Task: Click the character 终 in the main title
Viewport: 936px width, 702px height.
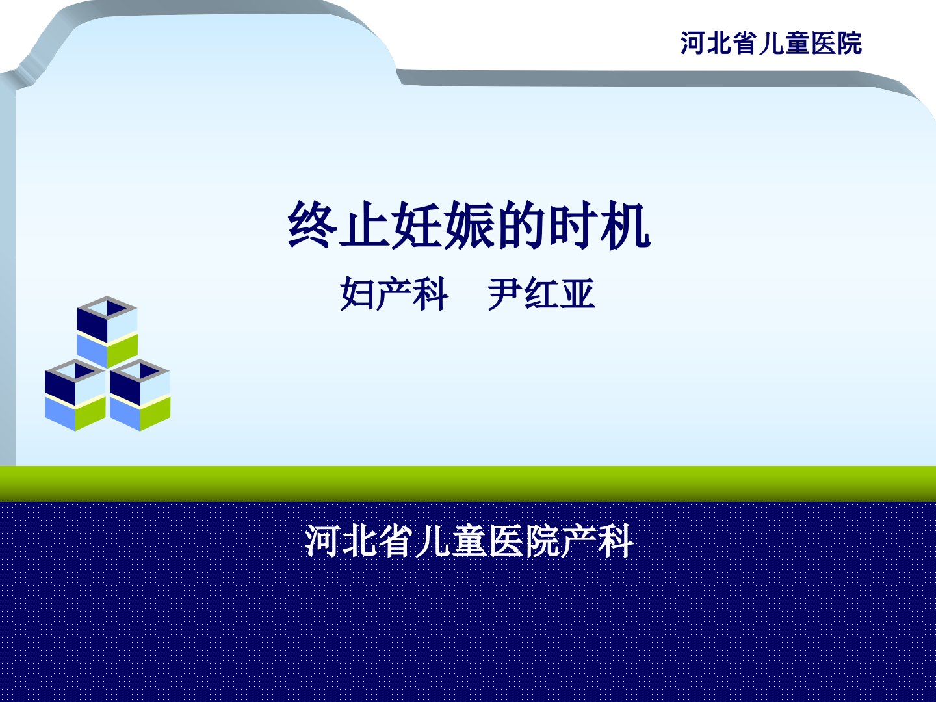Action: [313, 225]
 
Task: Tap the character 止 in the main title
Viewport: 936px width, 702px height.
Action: [365, 225]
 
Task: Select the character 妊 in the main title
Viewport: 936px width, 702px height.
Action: [417, 225]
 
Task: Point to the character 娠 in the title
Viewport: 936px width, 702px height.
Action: [469, 225]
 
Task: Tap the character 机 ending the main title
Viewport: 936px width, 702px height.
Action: [625, 225]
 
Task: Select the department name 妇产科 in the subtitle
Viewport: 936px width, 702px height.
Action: [395, 294]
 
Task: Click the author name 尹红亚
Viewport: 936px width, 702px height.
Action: [541, 294]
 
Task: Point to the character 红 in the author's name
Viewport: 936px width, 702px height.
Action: [541, 294]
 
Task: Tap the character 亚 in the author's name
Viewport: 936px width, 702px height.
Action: [577, 294]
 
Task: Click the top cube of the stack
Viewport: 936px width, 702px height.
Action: [107, 332]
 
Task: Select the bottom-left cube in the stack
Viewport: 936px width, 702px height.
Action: [75, 395]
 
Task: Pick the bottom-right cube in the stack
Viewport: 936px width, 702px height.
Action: [140, 395]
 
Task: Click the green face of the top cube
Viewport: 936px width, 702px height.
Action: [122, 351]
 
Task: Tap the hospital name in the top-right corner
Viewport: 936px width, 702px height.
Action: [771, 43]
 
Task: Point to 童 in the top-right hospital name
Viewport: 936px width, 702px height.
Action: [797, 43]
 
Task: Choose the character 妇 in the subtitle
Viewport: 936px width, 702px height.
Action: [358, 294]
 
